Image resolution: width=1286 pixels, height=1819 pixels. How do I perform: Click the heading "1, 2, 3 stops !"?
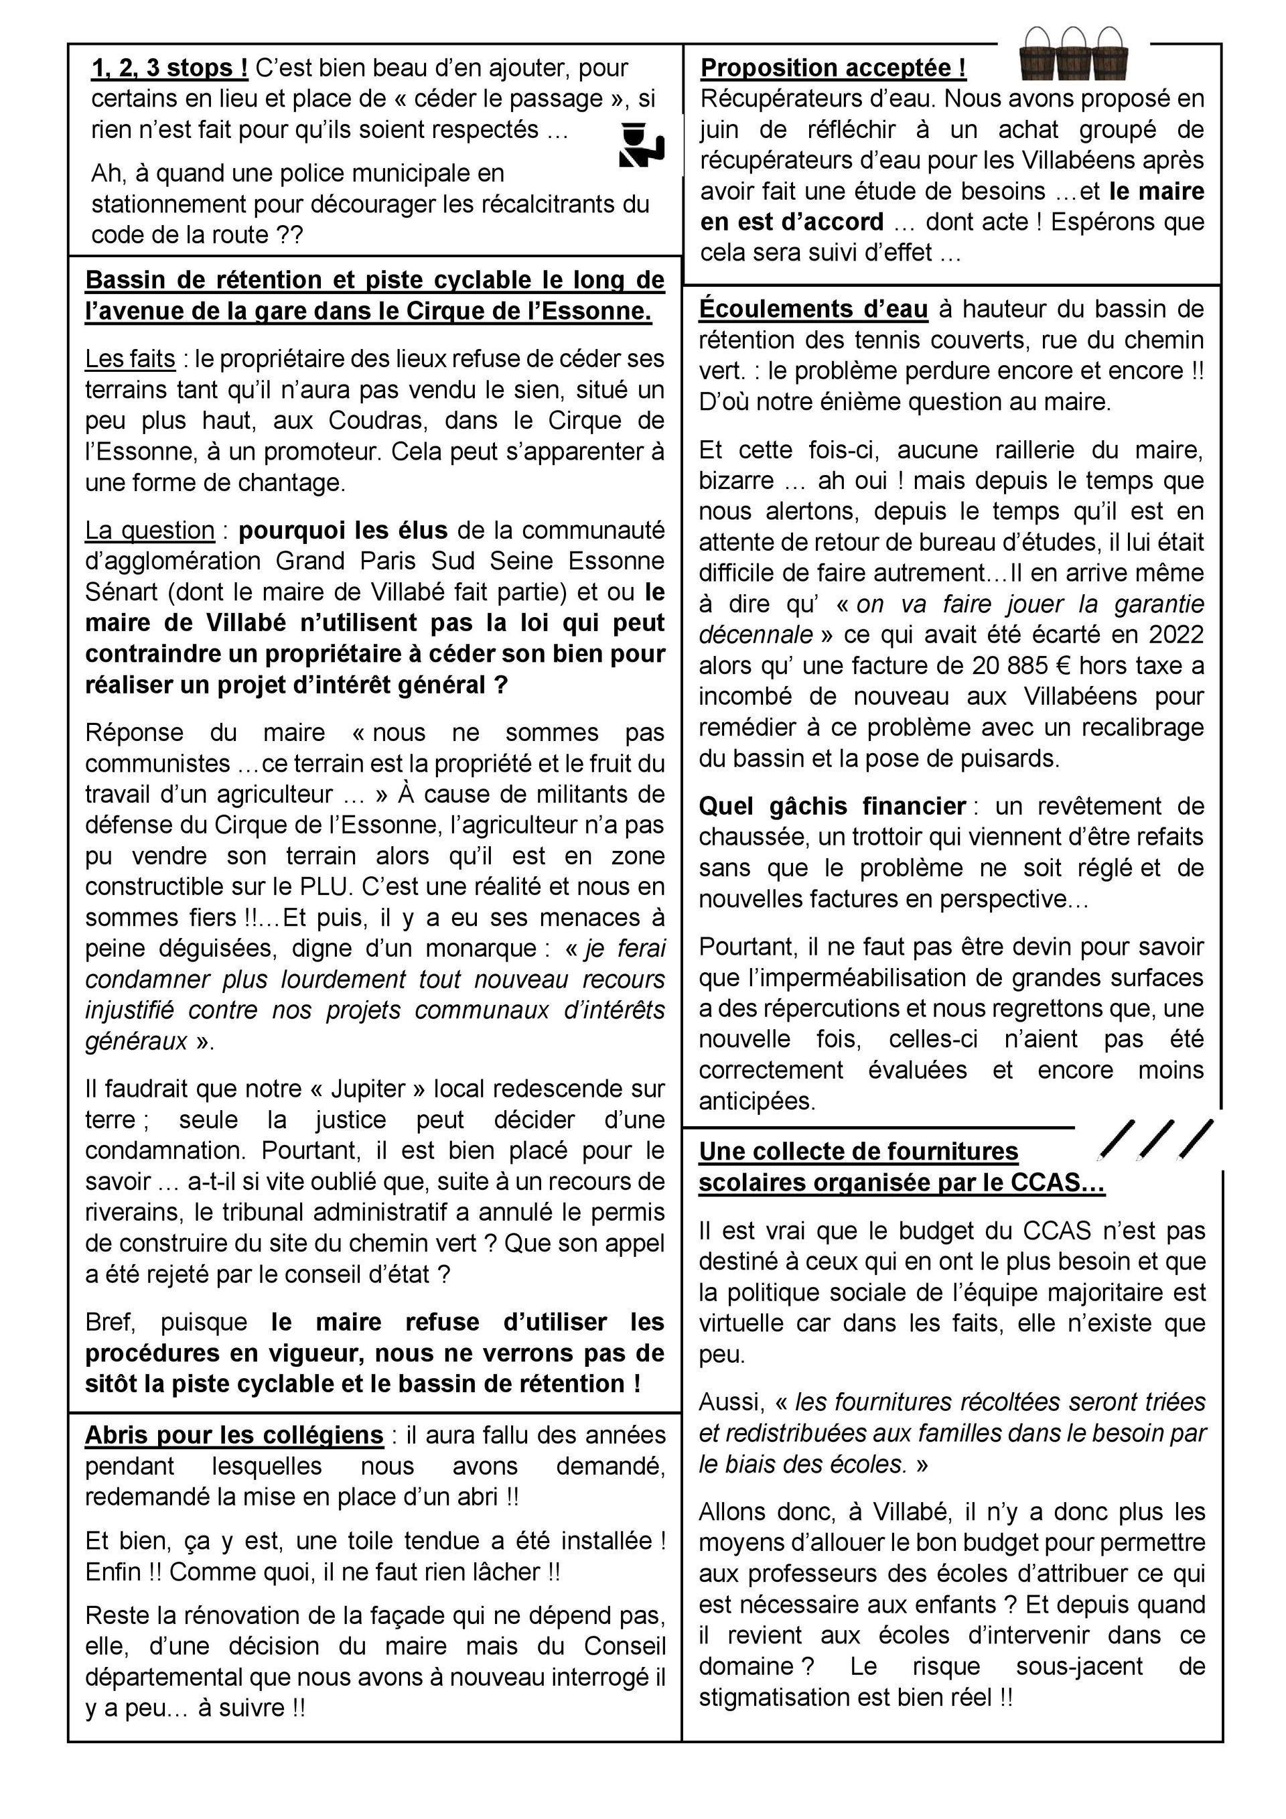click(x=169, y=69)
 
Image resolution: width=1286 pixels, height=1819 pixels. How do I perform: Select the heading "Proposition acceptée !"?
click(x=833, y=69)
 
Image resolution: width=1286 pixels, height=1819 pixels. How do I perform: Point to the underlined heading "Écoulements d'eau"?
click(x=813, y=309)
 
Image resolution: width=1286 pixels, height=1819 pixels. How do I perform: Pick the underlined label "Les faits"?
click(x=130, y=359)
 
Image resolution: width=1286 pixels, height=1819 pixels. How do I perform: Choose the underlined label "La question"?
click(x=149, y=530)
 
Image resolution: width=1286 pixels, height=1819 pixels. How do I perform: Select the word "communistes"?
click(x=157, y=763)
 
